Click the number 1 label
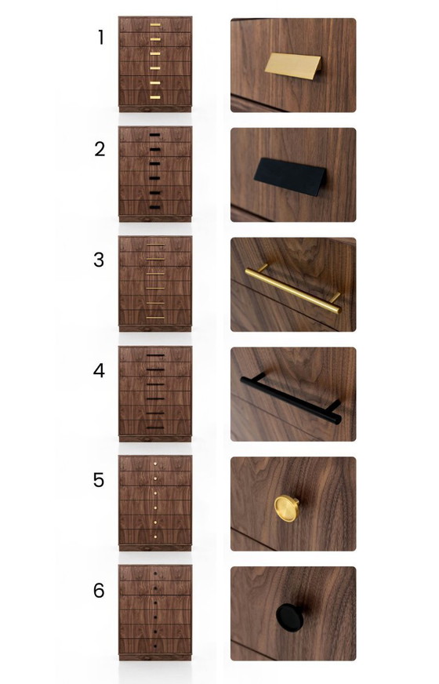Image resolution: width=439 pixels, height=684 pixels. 100,38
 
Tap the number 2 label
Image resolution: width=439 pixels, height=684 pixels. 100,149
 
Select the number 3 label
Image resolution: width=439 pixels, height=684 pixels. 99,260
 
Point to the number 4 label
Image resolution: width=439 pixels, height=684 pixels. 99,370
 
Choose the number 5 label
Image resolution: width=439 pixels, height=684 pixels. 99,480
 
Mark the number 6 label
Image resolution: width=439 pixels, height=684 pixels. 99,591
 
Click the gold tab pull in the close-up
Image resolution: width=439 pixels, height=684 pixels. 292,65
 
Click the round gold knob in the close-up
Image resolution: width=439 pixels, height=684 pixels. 286,509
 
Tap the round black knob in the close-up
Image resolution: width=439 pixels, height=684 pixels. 289,616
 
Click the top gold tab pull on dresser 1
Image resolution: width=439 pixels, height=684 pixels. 155,25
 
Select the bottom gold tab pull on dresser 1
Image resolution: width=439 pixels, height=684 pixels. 155,97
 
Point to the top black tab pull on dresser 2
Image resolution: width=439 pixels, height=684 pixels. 154,135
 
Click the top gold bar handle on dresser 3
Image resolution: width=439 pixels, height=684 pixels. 155,246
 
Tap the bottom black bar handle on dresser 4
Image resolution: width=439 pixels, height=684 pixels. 155,427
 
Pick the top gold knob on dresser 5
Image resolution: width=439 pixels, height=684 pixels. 155,464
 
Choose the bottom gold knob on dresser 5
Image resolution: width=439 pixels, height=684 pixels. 155,537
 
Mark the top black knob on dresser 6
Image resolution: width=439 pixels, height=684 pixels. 155,574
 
